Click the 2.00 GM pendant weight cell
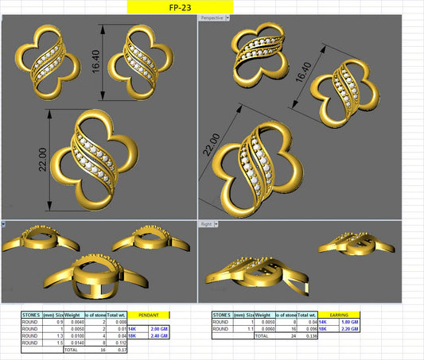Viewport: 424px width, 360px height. (x=158, y=327)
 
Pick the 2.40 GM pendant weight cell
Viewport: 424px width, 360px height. (x=158, y=335)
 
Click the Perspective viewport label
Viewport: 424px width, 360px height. (x=212, y=17)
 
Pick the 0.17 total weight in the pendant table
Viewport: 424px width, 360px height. (x=121, y=350)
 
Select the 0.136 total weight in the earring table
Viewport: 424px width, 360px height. (x=311, y=335)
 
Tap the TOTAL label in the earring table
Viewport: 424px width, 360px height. (x=261, y=335)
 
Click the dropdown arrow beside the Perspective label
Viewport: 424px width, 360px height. (x=228, y=17)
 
